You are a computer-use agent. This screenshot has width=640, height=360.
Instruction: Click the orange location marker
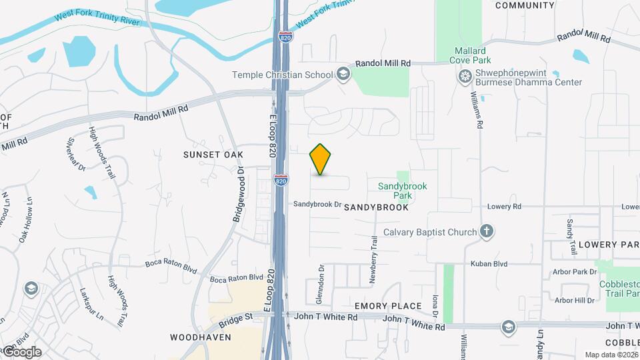[321, 160]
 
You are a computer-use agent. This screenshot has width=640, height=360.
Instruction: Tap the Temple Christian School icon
[343, 73]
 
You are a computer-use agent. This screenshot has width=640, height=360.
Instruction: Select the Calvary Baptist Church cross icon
[487, 232]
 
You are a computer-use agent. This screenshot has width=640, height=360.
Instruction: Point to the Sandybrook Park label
[402, 191]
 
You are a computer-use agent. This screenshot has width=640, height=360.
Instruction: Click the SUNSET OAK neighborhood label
[213, 155]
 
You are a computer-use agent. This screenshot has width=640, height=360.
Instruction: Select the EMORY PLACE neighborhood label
[388, 306]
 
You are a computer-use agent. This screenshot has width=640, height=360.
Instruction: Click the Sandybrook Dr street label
[317, 205]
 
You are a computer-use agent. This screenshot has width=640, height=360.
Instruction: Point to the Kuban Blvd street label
[489, 263]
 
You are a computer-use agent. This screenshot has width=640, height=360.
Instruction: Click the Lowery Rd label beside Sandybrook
[503, 207]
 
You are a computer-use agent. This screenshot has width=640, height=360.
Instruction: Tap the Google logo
[23, 351]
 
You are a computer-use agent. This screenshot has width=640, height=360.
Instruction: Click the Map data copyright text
[612, 355]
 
